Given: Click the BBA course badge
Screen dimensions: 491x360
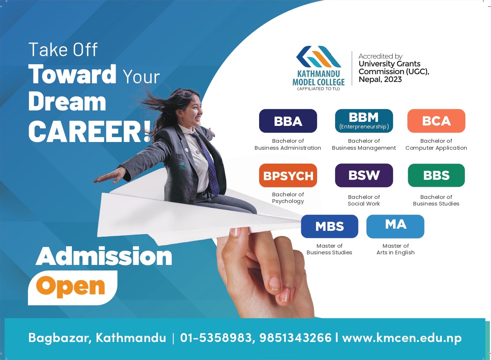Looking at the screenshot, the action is [288, 121].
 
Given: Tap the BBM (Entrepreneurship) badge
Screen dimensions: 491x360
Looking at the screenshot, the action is [364, 121].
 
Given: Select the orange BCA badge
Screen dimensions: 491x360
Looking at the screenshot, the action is [436, 121].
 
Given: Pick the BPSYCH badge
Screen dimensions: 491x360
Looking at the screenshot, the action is [288, 175].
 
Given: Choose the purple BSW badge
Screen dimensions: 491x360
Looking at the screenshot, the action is [364, 175].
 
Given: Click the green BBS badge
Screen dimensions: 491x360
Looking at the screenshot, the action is [436, 175].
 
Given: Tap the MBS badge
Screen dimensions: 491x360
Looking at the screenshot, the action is [330, 226].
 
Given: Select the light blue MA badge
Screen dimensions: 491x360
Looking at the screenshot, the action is [395, 226].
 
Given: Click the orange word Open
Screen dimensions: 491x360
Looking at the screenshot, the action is [70, 287].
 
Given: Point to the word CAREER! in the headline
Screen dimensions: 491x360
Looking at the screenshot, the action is [90, 131].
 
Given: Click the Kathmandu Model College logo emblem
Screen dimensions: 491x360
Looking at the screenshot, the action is [319, 57].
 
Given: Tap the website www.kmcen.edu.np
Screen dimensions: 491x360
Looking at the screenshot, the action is [402, 338].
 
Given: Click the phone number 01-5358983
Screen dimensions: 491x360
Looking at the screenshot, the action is [216, 338].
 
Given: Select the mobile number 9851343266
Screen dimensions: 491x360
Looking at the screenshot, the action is [295, 338].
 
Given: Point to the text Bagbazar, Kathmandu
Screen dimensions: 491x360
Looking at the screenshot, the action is [97, 338].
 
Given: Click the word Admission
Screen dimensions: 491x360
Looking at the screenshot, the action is [104, 256].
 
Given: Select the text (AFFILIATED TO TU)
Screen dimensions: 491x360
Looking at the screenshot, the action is [319, 89].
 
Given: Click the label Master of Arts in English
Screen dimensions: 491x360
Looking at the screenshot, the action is [396, 249].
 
